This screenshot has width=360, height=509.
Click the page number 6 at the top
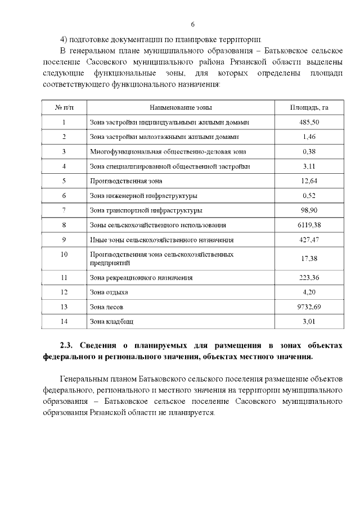coord(192,25)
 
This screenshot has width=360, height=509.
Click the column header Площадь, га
coord(309,107)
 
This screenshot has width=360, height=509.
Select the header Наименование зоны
coord(181,107)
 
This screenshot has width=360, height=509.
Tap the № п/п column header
coord(64,107)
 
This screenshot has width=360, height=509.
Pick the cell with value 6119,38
coord(309,225)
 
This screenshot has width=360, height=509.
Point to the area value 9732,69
coord(309,307)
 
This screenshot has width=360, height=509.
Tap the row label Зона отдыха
coord(109,292)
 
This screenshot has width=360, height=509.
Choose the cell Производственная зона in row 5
coord(126,181)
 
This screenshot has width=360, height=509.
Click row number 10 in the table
coord(64,255)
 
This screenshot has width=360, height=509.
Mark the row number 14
coord(64,322)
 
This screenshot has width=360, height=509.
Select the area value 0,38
coord(309,151)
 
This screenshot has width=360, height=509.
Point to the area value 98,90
coord(309,210)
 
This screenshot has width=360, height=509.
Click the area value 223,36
coord(309,277)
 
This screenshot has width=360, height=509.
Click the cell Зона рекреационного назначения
coord(141,277)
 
